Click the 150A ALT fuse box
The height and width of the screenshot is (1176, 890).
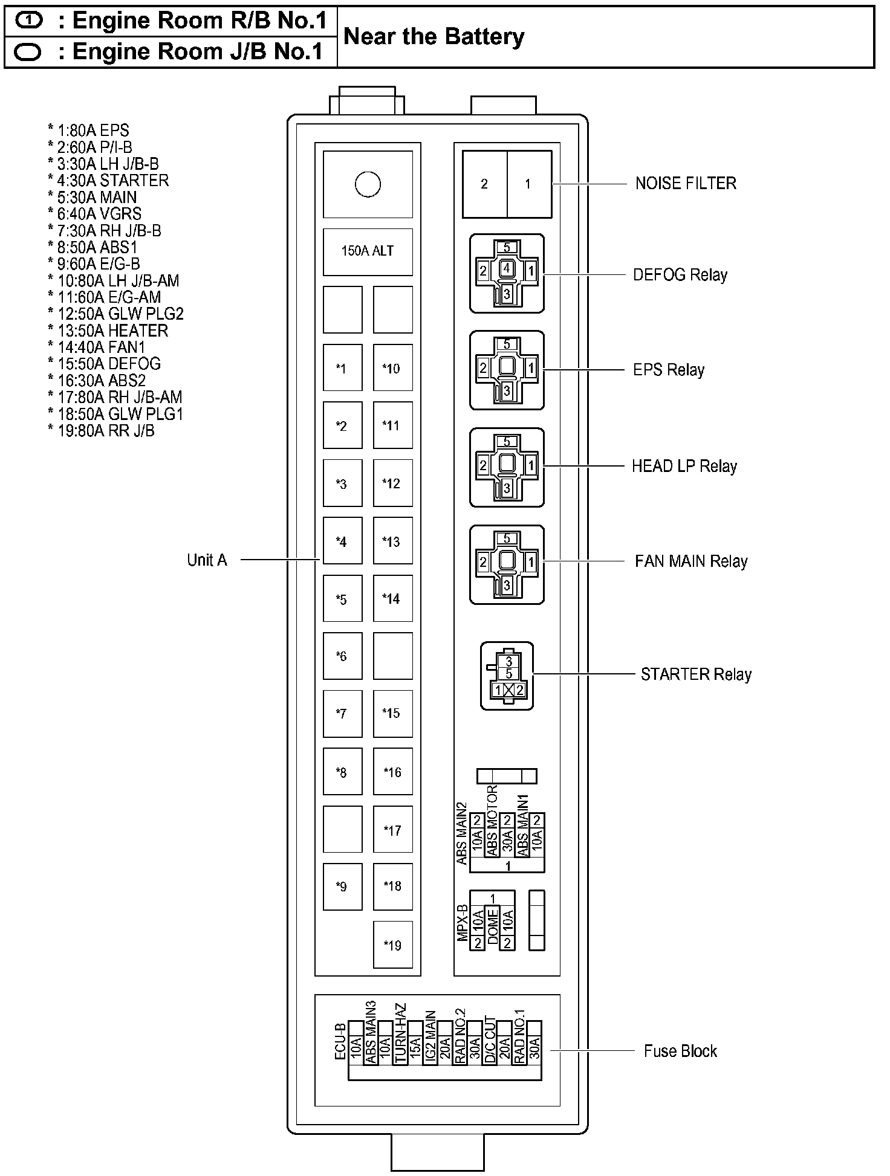point(368,251)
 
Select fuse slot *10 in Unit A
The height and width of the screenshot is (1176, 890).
point(392,368)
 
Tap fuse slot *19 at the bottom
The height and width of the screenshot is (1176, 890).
point(392,945)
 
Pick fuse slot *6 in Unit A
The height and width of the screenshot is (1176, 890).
point(342,656)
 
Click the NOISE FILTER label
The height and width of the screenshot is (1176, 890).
point(686,184)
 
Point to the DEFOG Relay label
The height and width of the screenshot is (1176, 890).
point(680,275)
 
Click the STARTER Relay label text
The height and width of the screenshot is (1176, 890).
point(696,674)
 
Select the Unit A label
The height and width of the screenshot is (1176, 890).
point(207,560)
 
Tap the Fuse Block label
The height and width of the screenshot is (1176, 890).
point(680,1052)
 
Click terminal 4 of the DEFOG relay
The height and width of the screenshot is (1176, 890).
point(507,268)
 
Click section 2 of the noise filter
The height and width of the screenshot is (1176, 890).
point(484,184)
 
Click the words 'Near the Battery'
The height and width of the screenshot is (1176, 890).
point(434,37)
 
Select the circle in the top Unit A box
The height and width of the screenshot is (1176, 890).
point(368,184)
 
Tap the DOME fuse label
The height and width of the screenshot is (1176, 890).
point(493,926)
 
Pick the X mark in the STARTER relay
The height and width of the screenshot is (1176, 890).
point(509,690)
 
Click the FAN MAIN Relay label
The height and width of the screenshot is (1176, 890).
point(691,561)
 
